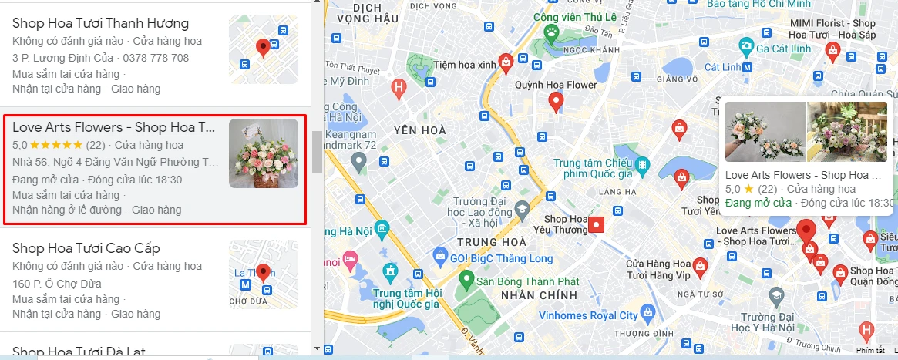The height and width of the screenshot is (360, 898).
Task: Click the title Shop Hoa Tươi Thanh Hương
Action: point(100,23)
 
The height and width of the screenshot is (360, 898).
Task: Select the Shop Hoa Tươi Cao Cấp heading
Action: point(86,247)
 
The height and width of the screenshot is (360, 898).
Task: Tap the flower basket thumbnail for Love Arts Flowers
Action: point(263,153)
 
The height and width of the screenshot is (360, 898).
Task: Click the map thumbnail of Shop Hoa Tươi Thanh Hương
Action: point(263,49)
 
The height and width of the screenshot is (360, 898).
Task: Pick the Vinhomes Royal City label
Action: point(589,315)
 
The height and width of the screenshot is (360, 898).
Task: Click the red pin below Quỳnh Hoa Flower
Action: point(555,101)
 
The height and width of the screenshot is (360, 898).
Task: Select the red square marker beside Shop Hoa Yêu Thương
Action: point(597,224)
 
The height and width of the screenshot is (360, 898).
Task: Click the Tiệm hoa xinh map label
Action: point(465,65)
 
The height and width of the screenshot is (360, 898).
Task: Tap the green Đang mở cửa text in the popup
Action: point(758,203)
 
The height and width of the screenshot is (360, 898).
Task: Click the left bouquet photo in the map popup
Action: point(765,132)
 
